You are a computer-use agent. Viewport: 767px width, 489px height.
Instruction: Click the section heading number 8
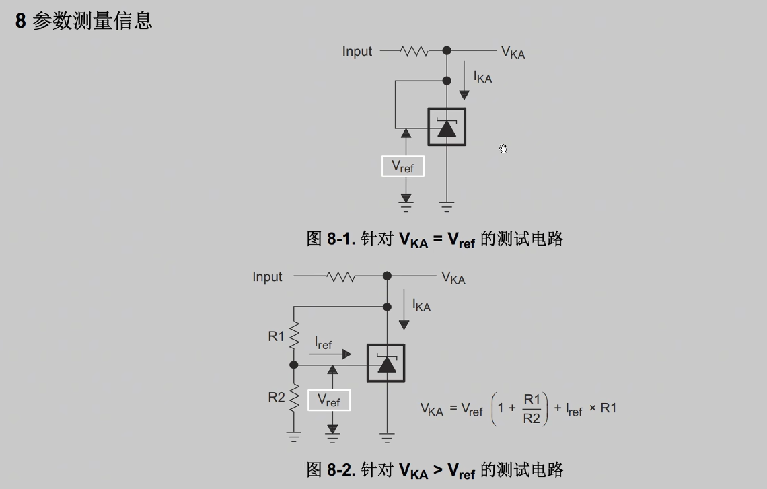(21, 21)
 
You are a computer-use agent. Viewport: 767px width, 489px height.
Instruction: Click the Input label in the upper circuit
(357, 52)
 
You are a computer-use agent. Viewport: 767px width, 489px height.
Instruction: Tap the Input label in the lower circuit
(267, 277)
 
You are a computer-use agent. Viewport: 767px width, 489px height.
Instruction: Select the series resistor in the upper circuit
(414, 51)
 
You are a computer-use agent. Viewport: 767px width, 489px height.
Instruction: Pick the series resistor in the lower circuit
(340, 276)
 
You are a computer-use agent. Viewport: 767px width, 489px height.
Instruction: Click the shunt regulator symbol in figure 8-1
(447, 126)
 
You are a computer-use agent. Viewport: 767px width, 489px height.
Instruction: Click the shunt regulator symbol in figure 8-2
(386, 363)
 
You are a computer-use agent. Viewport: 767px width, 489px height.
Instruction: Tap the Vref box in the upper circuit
(403, 166)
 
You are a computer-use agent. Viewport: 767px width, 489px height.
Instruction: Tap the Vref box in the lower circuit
(329, 400)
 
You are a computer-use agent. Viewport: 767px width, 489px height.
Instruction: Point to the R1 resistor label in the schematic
(277, 336)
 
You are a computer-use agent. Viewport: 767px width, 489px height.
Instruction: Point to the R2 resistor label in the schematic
(277, 398)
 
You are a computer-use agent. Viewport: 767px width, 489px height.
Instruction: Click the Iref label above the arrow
(323, 343)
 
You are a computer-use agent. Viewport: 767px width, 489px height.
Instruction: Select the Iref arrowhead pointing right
(346, 354)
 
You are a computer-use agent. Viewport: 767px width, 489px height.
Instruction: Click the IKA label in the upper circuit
(482, 77)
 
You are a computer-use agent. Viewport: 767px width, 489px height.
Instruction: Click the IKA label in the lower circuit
(421, 305)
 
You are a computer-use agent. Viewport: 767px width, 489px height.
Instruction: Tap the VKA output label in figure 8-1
(513, 52)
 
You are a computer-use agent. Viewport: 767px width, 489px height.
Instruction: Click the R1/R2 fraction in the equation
(532, 408)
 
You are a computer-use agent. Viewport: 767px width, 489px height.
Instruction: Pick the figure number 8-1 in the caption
(341, 239)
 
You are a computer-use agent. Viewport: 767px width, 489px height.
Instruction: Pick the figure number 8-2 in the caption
(341, 469)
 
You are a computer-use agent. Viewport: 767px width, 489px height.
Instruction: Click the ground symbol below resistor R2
(294, 437)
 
